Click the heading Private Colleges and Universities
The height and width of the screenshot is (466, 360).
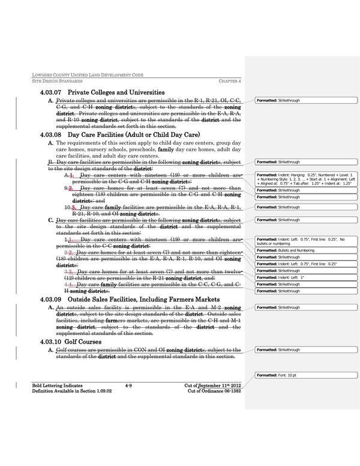pyautogui.click(x=116, y=92)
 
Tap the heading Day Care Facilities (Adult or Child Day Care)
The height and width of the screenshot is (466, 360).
pyautogui.click(x=133, y=135)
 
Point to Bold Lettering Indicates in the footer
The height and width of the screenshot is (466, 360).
pyautogui.click(x=58, y=384)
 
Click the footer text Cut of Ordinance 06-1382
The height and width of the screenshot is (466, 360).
pyautogui.click(x=210, y=390)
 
